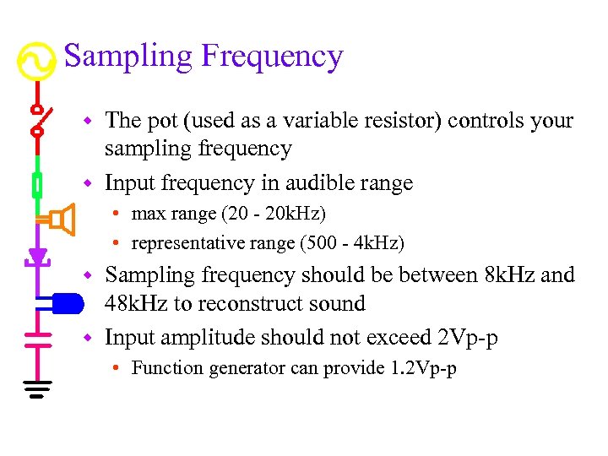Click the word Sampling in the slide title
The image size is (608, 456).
point(128,57)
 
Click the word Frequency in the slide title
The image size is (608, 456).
point(272,57)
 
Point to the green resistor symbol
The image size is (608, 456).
point(36,184)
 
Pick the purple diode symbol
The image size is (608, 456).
point(36,257)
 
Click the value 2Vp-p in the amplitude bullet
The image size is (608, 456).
point(468,339)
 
